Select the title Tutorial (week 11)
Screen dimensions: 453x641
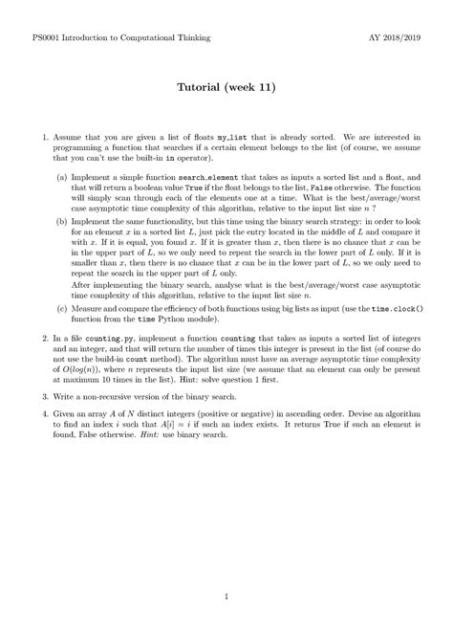point(226,87)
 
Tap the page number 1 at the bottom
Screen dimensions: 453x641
point(226,599)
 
